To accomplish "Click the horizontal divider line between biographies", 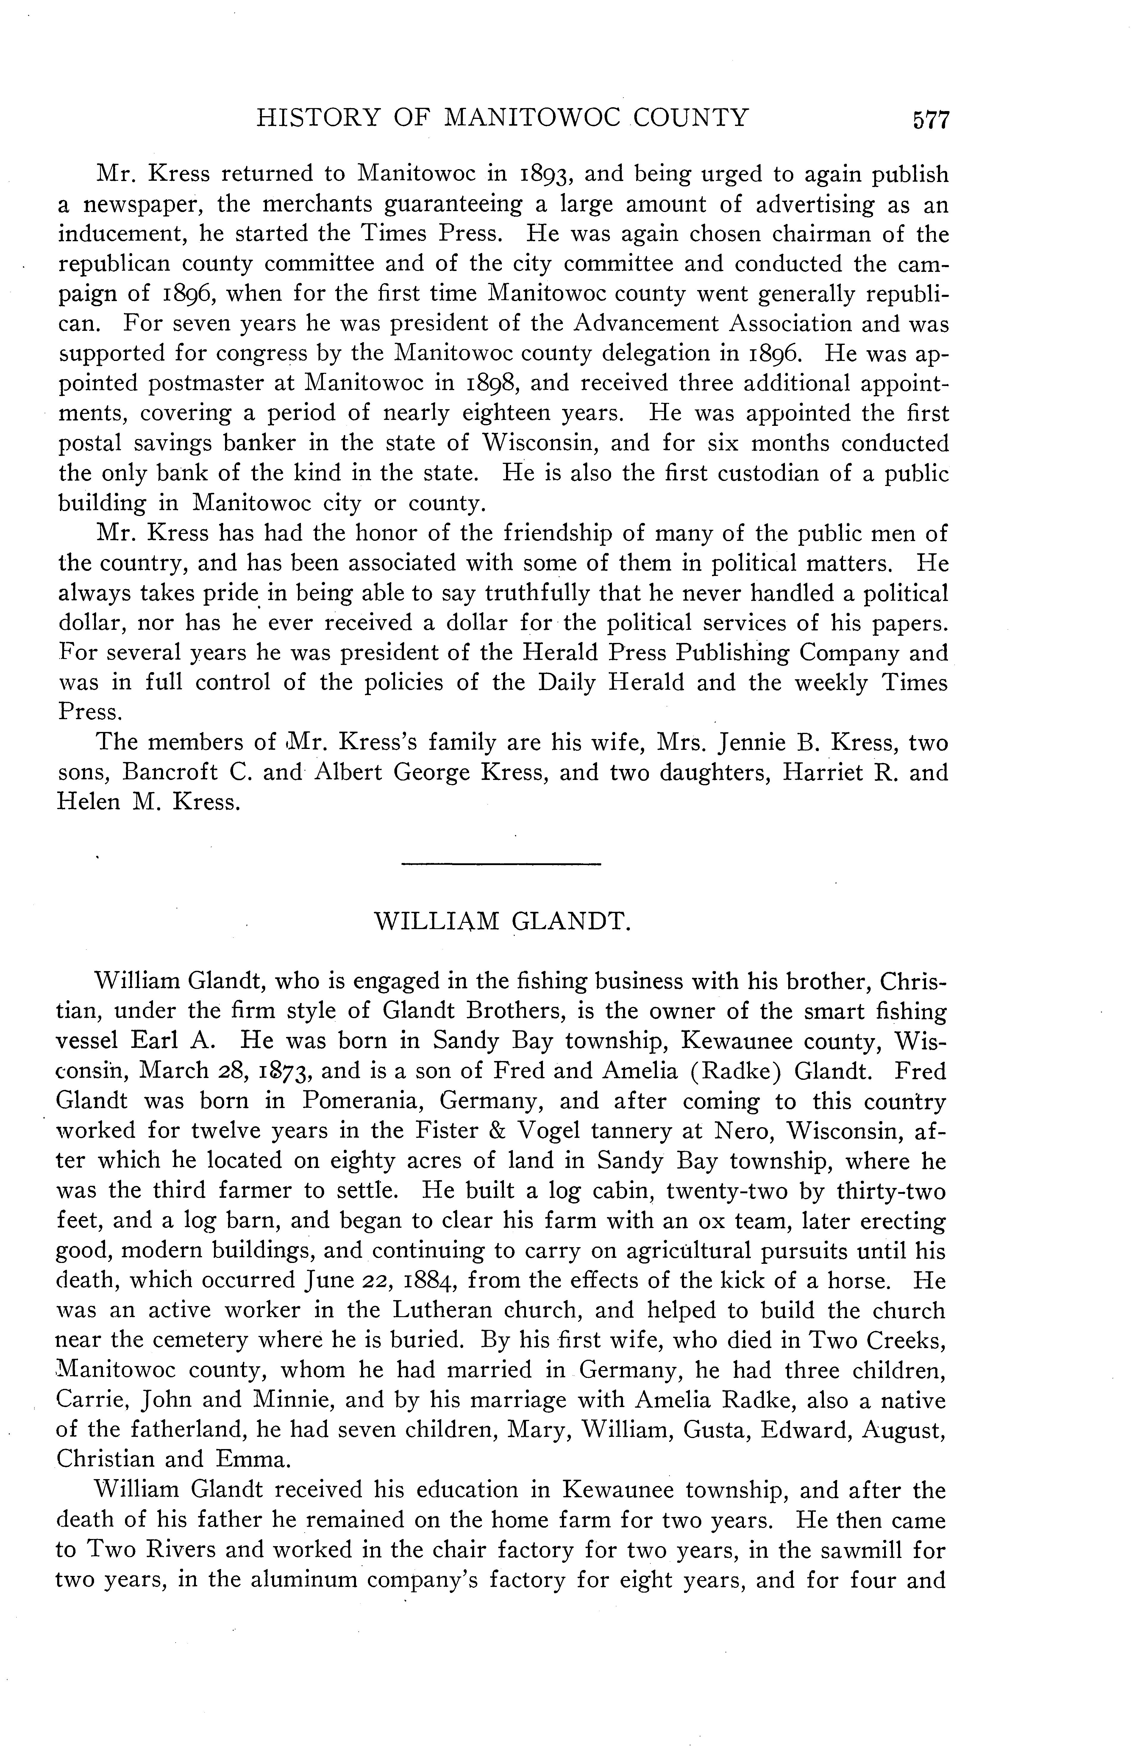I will [x=502, y=863].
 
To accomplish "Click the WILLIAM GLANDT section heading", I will [x=503, y=921].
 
